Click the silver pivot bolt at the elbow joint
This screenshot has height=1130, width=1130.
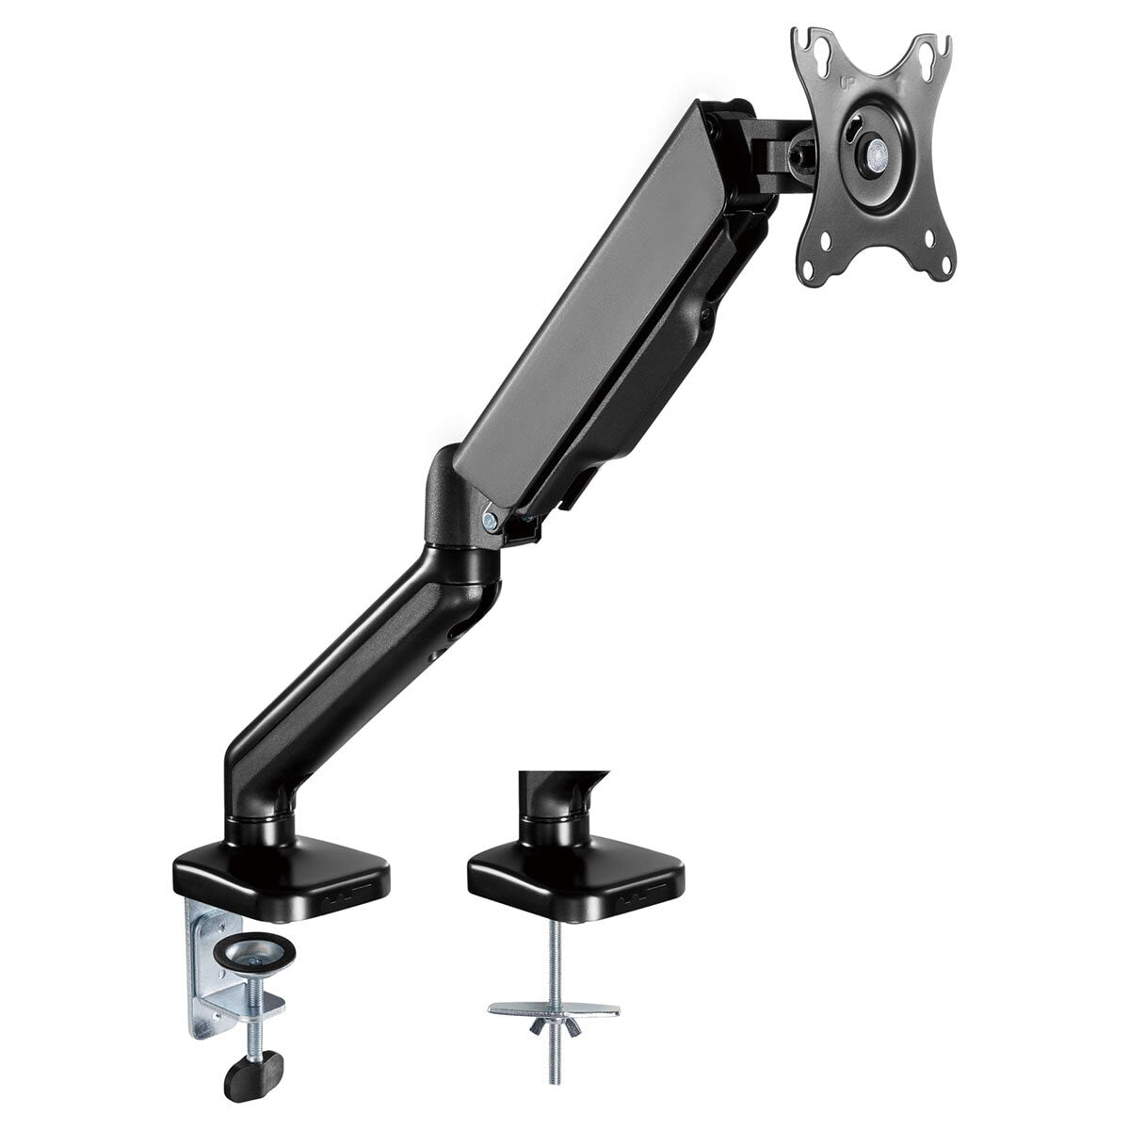click(488, 516)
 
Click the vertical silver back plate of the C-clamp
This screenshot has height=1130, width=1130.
click(205, 970)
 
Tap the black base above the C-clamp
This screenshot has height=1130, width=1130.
click(282, 867)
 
